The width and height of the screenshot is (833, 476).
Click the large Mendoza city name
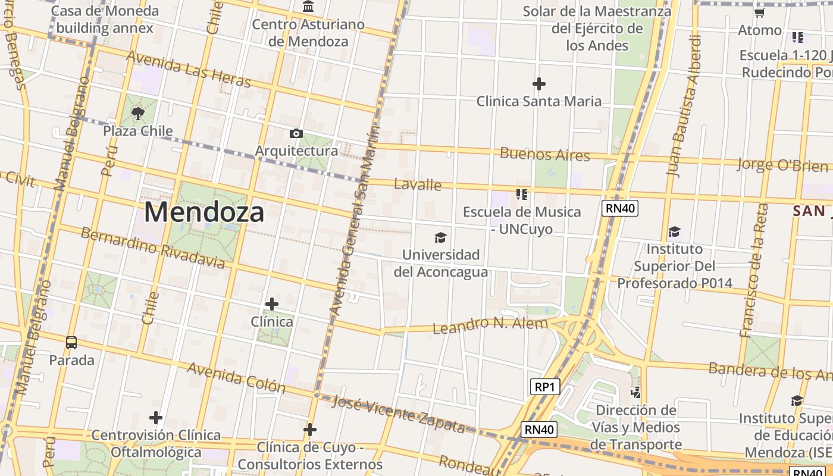(204, 212)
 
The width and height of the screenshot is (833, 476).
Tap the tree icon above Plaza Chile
(138, 113)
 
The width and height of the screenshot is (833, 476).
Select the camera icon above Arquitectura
(296, 133)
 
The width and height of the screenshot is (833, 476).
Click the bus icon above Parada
(71, 343)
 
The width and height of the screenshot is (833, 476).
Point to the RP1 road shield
(544, 387)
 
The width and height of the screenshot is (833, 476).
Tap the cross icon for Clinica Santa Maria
(539, 84)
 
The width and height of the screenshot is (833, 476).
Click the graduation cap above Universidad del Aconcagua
(440, 238)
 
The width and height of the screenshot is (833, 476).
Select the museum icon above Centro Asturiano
(308, 7)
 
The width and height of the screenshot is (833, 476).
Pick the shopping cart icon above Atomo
(759, 12)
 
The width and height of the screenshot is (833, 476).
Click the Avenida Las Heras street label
(188, 69)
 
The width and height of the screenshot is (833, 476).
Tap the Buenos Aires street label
(545, 154)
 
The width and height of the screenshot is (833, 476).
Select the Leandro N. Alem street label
(490, 325)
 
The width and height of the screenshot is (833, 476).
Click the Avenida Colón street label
(236, 378)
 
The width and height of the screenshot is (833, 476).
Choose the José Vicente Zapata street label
(398, 414)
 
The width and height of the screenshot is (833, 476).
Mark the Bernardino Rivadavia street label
(152, 248)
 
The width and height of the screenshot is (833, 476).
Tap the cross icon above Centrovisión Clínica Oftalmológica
(156, 418)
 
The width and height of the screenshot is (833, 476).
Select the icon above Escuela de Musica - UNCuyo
(522, 194)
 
